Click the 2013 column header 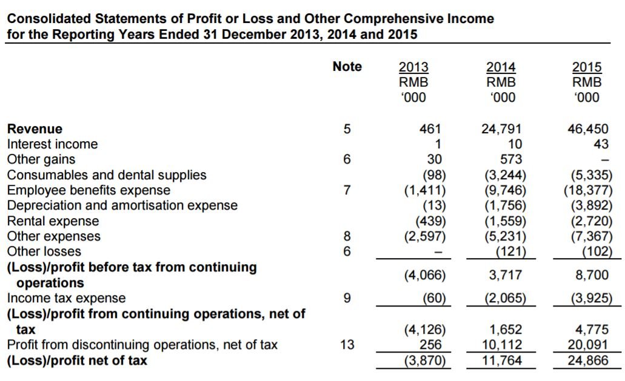(413, 67)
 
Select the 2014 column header (501, 67)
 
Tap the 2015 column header (587, 67)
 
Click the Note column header (347, 67)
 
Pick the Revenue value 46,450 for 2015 (588, 129)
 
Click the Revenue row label (35, 129)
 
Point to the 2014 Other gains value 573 (511, 159)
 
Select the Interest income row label (52, 144)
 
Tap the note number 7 (347, 190)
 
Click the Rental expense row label (53, 221)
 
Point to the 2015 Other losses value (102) (597, 251)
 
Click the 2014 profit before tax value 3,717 (506, 275)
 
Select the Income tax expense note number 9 (347, 298)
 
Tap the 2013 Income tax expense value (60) (434, 298)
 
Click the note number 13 (347, 345)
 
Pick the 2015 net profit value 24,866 (588, 360)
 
